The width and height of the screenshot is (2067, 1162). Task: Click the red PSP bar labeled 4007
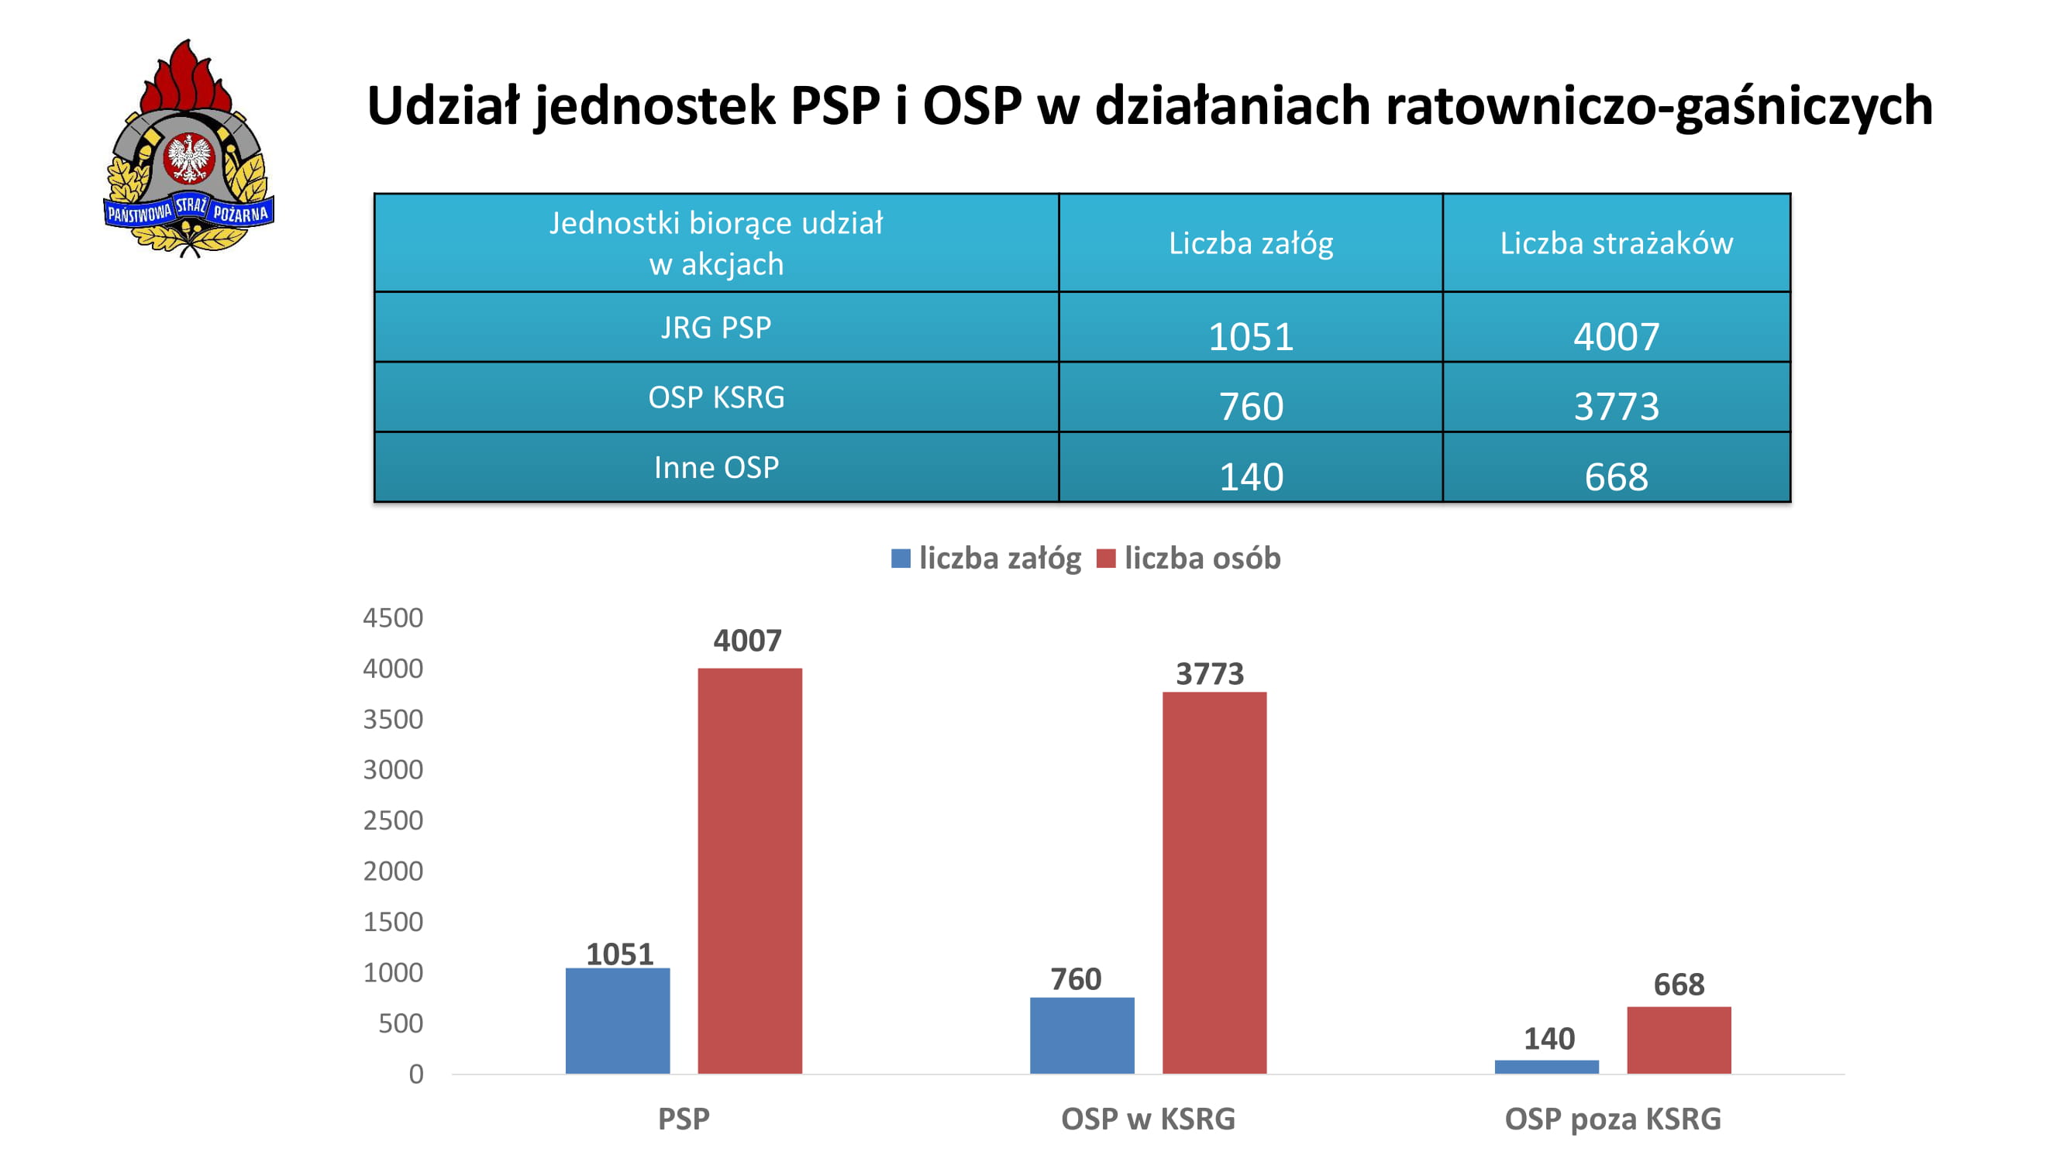tap(749, 870)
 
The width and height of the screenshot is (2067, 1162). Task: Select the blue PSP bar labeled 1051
tap(617, 1020)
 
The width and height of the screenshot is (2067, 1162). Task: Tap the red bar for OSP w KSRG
tap(1214, 882)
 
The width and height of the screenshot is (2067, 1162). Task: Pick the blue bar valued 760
tap(1082, 1035)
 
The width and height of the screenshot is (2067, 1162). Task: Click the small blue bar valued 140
tap(1546, 1067)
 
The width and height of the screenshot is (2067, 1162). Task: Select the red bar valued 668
tap(1679, 1040)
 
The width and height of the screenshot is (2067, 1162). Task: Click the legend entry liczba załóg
tap(985, 558)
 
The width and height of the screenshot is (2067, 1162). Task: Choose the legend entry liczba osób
tap(1188, 558)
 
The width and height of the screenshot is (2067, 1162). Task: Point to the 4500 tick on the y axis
tap(392, 617)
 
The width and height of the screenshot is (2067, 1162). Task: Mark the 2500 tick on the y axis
tap(392, 820)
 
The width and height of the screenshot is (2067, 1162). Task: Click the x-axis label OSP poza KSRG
tap(1613, 1119)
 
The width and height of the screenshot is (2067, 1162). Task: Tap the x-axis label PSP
tap(684, 1119)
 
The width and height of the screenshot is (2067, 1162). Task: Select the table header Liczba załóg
tap(1251, 243)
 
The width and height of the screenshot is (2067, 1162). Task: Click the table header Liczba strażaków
tap(1617, 243)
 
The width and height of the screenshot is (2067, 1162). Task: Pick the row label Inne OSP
tap(717, 466)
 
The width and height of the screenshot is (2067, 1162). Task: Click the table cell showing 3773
tap(1616, 407)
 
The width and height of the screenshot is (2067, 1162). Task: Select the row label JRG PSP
tap(716, 327)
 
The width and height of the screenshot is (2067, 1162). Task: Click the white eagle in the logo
tap(189, 157)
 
